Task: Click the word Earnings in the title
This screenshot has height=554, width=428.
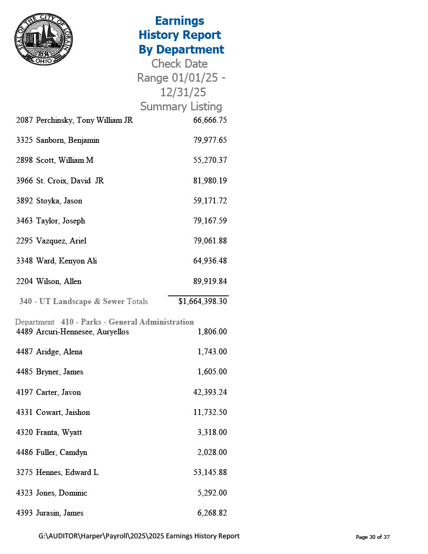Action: point(179,21)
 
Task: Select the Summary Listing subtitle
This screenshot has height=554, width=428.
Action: point(181,107)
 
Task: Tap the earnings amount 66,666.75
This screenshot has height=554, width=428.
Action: point(209,120)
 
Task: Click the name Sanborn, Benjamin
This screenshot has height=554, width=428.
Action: point(68,140)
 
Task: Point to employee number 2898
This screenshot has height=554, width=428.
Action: point(25,160)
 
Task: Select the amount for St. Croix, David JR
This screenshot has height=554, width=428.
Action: point(209,181)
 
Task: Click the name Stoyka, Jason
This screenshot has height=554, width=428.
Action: point(59,201)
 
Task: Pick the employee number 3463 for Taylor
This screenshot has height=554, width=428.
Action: point(25,221)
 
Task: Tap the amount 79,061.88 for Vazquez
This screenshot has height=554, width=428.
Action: point(209,241)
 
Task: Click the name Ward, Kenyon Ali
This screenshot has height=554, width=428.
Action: point(67,261)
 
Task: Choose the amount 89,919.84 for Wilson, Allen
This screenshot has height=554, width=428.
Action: point(209,281)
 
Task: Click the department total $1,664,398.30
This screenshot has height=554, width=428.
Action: point(202,301)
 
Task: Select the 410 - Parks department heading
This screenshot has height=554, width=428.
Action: point(127,322)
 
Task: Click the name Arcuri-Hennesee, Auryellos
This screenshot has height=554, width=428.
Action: point(82,332)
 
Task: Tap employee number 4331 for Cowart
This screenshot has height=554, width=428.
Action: point(25,412)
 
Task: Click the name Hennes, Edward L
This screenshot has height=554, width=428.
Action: point(67,472)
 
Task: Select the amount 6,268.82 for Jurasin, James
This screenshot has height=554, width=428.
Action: point(212,513)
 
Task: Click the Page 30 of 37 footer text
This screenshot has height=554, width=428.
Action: point(372,537)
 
